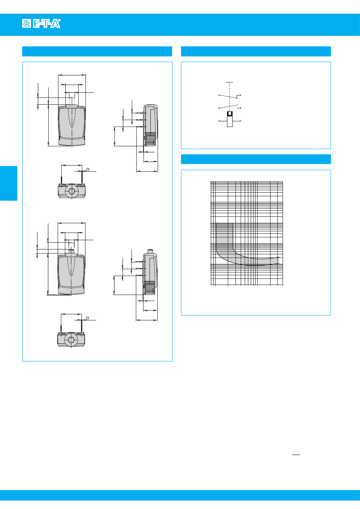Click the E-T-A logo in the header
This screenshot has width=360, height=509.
tap(42, 23)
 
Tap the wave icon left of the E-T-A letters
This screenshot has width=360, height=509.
tap(27, 23)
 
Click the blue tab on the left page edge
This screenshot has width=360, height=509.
tap(8, 183)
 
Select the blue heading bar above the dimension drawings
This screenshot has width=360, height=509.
tap(97, 51)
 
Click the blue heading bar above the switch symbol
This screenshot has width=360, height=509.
tap(256, 51)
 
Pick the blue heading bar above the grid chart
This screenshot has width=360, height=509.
tap(256, 159)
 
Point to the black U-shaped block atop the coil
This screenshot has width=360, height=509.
tap(230, 113)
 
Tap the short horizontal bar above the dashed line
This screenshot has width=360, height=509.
tap(229, 82)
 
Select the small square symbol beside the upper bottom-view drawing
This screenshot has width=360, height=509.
tap(88, 169)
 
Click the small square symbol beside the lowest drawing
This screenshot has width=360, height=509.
tap(87, 318)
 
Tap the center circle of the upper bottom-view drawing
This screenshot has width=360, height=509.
tap(72, 191)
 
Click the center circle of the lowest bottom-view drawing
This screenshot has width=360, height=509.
tap(71, 340)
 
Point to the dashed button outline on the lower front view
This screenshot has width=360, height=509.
tap(71, 246)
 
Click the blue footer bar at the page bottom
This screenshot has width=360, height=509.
tap(180, 495)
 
